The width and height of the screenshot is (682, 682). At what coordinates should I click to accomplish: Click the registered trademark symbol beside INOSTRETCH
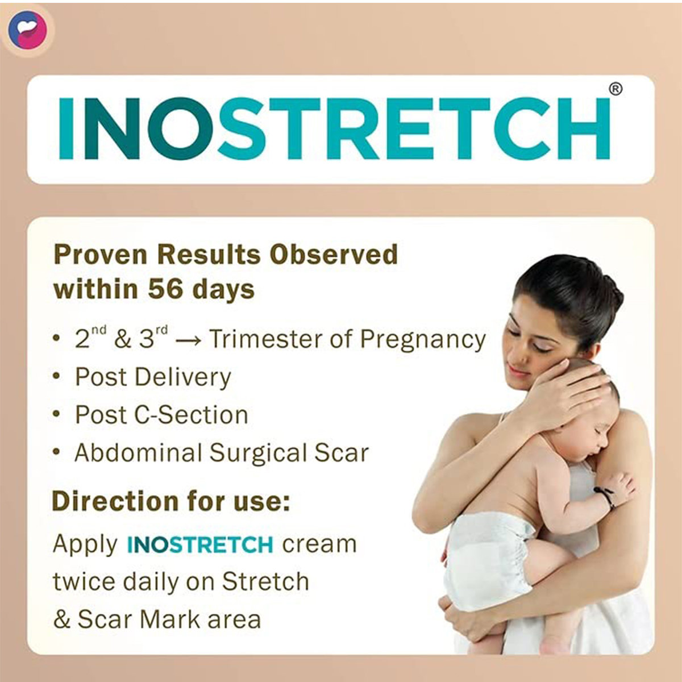tap(615, 89)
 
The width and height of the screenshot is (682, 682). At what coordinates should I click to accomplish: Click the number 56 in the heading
tap(165, 289)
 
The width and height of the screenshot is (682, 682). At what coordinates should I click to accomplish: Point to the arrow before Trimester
tap(188, 341)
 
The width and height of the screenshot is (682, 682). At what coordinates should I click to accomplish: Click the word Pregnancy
tap(423, 340)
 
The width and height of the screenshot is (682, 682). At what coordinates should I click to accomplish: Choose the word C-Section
tap(191, 415)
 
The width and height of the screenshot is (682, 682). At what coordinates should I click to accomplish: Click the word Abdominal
tap(138, 453)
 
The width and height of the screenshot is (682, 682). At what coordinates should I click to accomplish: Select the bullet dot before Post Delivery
tap(56, 377)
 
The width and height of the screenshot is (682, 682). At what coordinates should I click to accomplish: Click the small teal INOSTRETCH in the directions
tap(200, 545)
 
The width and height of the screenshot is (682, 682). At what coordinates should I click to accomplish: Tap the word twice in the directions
tap(84, 582)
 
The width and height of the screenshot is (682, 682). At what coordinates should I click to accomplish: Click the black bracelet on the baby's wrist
tap(605, 496)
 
